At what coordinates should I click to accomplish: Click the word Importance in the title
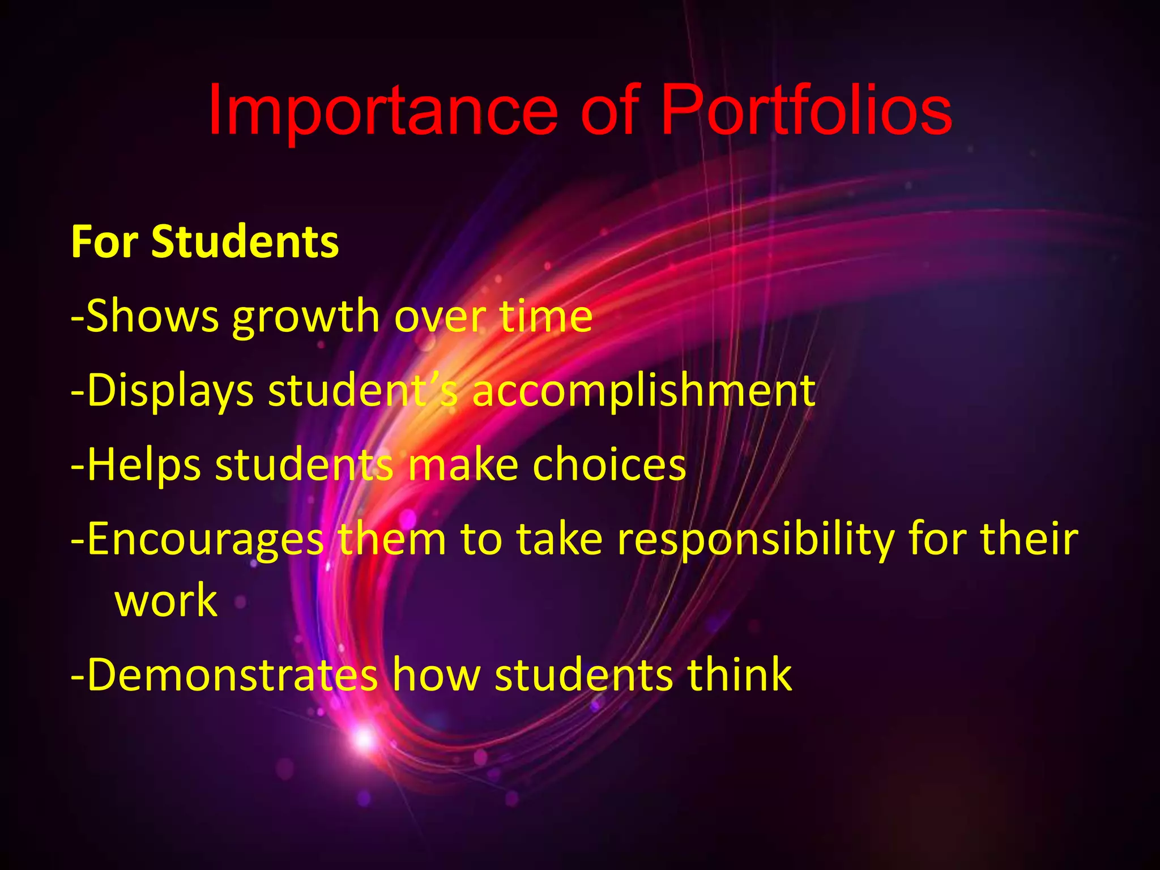point(383,111)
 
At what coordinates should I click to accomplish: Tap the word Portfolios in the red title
point(806,111)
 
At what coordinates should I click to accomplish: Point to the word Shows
point(152,316)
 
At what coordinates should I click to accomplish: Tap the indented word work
point(166,601)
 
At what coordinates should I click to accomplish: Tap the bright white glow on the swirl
point(363,738)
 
